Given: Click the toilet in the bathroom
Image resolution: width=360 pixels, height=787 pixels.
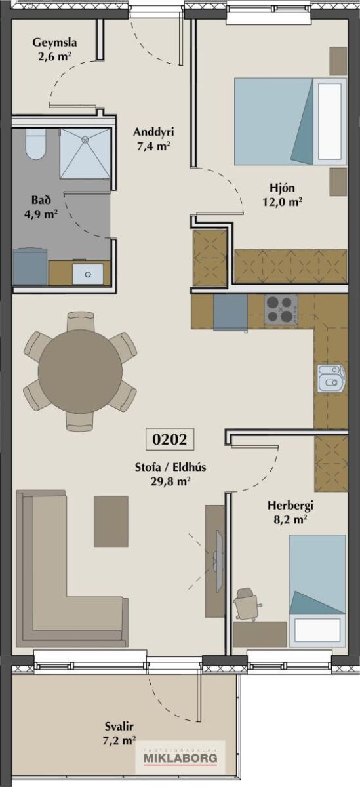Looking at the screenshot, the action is click(x=36, y=144).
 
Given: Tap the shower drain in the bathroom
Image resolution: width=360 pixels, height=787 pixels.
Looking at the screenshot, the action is click(x=85, y=139).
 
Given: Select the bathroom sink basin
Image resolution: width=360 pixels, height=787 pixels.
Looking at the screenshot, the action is click(x=88, y=274).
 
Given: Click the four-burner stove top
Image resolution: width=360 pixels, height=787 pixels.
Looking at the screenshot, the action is click(x=281, y=310).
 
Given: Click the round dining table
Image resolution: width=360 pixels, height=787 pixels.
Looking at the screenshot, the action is click(x=80, y=371).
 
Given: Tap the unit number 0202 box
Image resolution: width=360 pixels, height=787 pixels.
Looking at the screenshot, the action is click(x=170, y=439).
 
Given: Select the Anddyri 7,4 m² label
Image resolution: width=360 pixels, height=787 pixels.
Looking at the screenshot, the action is click(x=153, y=139).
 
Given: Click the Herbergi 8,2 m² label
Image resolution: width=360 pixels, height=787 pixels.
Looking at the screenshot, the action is click(x=290, y=512).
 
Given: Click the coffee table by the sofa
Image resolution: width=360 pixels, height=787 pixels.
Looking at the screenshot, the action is click(x=111, y=521).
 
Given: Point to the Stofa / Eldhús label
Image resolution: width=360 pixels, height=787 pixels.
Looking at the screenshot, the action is click(x=170, y=474).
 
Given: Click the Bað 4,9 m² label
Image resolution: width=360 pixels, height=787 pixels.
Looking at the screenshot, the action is click(x=41, y=207).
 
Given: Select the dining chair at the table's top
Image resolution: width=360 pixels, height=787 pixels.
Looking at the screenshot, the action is click(x=81, y=321).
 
